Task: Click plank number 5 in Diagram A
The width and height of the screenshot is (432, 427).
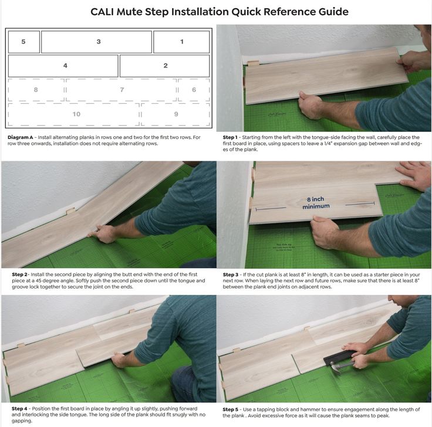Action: pos(24,42)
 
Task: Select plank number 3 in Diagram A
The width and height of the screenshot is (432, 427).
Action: pos(96,42)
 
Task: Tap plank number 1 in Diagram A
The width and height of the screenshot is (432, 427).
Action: pos(181,42)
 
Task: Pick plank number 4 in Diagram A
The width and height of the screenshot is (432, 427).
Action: pos(63,66)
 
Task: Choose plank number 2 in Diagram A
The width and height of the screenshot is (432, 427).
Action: pos(164,66)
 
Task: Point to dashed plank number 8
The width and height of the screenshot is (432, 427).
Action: pos(36,90)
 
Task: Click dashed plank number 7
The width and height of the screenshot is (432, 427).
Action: pos(121,90)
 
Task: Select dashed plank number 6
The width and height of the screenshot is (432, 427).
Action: pos(194,90)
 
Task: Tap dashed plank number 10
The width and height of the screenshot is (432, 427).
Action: pos(74,114)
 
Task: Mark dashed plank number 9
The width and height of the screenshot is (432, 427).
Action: pos(176,114)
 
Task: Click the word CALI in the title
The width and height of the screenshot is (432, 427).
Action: pos(102,12)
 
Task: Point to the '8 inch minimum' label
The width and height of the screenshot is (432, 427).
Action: pos(316,202)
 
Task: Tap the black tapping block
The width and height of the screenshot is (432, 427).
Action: pos(339,357)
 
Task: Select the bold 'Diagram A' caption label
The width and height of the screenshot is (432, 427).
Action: pos(20,137)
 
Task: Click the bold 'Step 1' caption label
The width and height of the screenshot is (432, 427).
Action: pos(230,137)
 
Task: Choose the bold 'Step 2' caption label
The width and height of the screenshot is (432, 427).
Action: pos(19,274)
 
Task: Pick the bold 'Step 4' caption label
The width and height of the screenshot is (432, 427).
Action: pos(19,409)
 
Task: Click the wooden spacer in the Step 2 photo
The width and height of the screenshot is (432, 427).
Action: pos(70,211)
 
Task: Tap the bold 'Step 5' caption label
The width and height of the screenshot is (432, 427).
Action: pos(230,409)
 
